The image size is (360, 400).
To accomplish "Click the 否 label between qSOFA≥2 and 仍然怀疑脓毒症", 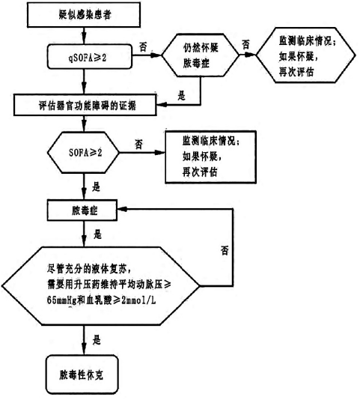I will (141, 46).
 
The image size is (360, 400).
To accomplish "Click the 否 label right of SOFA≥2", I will (138, 143).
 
